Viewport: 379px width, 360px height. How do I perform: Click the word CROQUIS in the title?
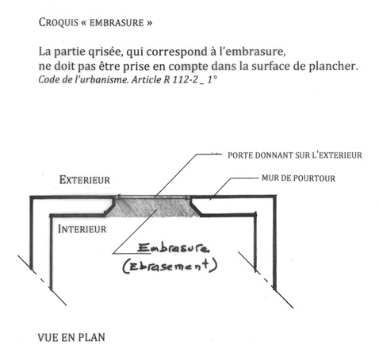click(x=59, y=22)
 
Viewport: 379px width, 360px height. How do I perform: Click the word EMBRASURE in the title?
click(x=117, y=23)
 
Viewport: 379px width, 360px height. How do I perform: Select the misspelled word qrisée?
click(x=105, y=52)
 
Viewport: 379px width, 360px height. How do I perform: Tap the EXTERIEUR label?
click(x=85, y=180)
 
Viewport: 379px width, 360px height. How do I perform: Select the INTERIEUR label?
click(x=82, y=229)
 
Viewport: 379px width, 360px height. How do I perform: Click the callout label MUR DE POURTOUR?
click(x=298, y=178)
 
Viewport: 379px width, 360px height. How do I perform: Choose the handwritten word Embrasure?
click(x=174, y=248)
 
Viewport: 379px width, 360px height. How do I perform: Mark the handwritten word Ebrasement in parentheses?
click(x=170, y=266)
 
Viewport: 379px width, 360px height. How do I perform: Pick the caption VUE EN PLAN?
click(x=71, y=338)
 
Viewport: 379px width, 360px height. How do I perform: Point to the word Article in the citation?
click(x=147, y=79)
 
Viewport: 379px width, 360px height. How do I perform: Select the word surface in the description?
click(x=270, y=66)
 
